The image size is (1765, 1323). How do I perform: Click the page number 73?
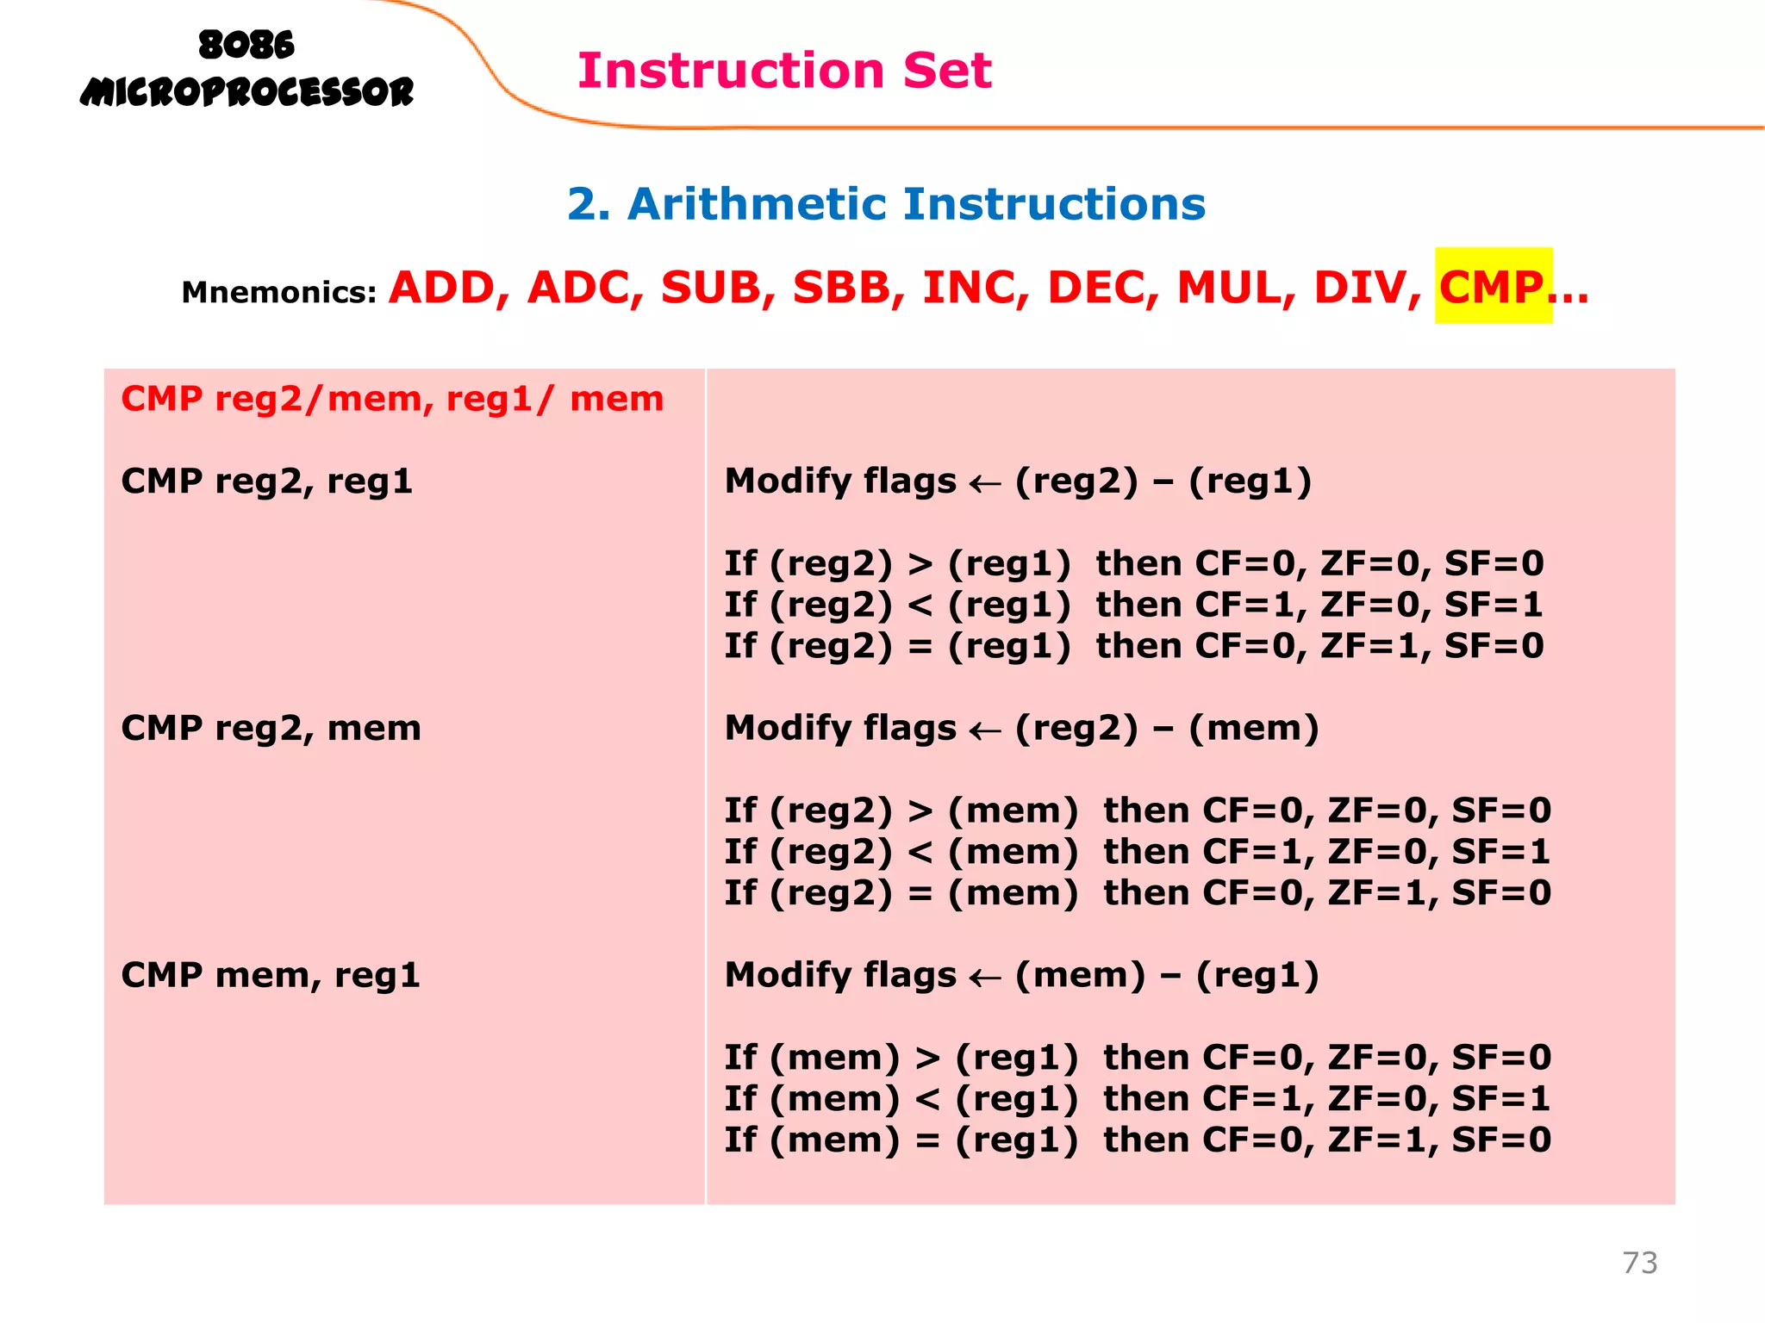pyautogui.click(x=1639, y=1263)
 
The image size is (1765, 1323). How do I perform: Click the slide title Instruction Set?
pyautogui.click(x=784, y=71)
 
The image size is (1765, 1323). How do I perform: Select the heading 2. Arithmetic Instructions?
pyautogui.click(x=886, y=204)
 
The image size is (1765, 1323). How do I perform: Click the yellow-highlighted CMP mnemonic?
pyautogui.click(x=1492, y=287)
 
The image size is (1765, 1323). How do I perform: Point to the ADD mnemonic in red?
pyautogui.click(x=442, y=288)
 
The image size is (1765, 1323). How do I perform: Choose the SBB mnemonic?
pyautogui.click(x=842, y=288)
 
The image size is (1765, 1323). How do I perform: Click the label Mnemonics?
pyautogui.click(x=279, y=293)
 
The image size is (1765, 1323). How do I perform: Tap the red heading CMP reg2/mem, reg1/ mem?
pyautogui.click(x=392, y=400)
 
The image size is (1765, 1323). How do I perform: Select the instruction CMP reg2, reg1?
pyautogui.click(x=267, y=481)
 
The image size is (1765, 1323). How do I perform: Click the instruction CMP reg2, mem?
pyautogui.click(x=271, y=729)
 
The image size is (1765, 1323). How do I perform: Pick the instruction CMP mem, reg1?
pyautogui.click(x=271, y=976)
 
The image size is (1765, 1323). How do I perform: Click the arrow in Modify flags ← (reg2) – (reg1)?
pyautogui.click(x=985, y=484)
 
